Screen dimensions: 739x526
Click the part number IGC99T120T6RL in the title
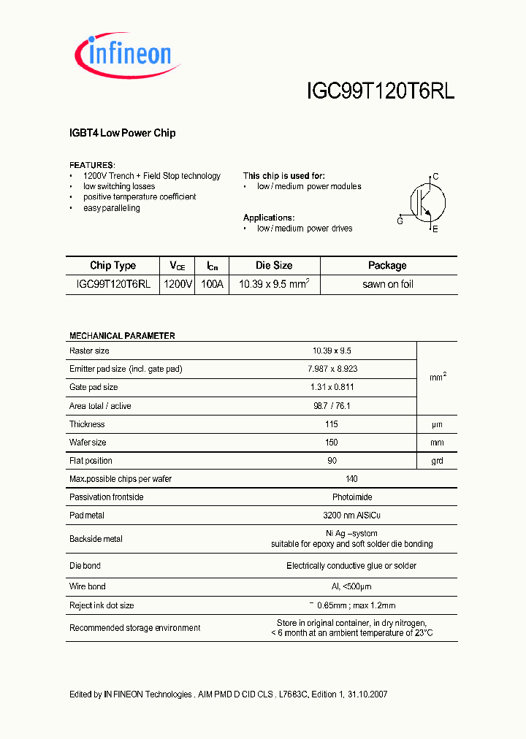point(380,91)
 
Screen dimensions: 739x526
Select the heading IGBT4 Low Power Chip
point(122,133)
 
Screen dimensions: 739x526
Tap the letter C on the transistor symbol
point(435,177)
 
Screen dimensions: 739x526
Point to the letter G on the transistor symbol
point(400,221)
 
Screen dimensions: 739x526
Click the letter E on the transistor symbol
point(435,229)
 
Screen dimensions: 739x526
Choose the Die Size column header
point(274,266)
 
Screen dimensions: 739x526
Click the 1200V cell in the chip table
point(178,284)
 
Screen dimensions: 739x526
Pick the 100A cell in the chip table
point(212,284)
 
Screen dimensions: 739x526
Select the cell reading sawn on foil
point(387,284)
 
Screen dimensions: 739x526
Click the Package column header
point(387,266)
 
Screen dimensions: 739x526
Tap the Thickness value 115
point(332,424)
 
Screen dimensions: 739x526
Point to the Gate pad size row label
point(94,387)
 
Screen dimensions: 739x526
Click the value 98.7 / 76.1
point(332,406)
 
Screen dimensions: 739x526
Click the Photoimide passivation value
point(332,497)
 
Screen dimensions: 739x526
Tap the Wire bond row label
point(88,586)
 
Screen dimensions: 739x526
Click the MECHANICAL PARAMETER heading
point(122,336)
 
